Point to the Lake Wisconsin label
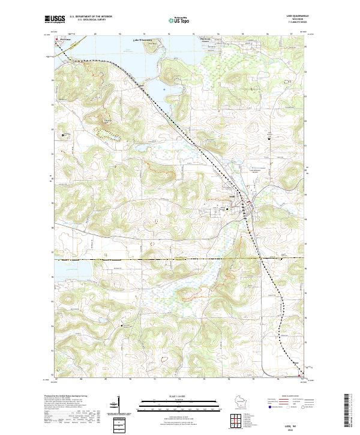(142, 40)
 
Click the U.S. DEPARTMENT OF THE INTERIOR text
(91, 16)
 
